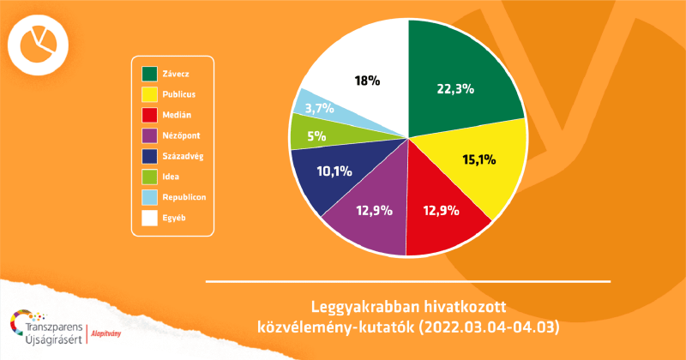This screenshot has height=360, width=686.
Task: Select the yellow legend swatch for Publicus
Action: coord(149,93)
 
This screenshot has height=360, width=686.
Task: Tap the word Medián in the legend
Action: coord(178,114)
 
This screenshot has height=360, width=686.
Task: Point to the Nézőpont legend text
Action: coord(181,135)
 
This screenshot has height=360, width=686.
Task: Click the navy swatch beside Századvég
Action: coord(149,155)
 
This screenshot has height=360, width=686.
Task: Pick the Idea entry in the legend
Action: coord(171,177)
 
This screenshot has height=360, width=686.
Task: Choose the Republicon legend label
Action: coord(184,197)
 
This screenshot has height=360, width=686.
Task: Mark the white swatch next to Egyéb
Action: coord(149,218)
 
